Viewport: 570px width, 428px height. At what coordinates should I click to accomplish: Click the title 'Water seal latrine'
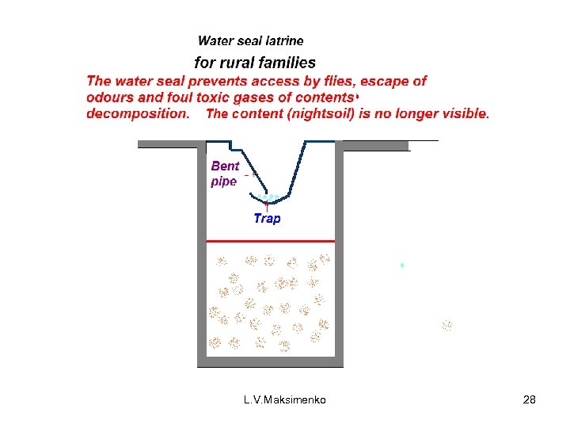(x=250, y=40)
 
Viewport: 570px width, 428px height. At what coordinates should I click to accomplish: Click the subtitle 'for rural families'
(x=255, y=63)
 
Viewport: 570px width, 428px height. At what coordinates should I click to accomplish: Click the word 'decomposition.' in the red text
(x=138, y=113)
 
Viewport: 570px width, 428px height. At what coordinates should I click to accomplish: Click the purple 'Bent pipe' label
(x=225, y=174)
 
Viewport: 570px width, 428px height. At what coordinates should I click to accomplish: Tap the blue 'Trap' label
(x=267, y=218)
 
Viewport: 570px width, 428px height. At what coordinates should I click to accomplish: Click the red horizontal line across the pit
(x=270, y=240)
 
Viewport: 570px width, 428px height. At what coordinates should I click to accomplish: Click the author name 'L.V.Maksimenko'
(x=284, y=400)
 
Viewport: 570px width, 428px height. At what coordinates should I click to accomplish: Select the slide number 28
(x=530, y=400)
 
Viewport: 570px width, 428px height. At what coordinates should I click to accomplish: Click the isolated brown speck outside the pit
(x=447, y=325)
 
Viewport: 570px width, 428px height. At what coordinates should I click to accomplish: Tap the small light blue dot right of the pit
(x=402, y=265)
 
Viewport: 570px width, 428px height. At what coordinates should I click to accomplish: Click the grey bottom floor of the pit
(x=270, y=362)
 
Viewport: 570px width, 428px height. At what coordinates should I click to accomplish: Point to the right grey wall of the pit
(x=339, y=254)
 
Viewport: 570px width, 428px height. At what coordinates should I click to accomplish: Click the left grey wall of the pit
(x=201, y=254)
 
